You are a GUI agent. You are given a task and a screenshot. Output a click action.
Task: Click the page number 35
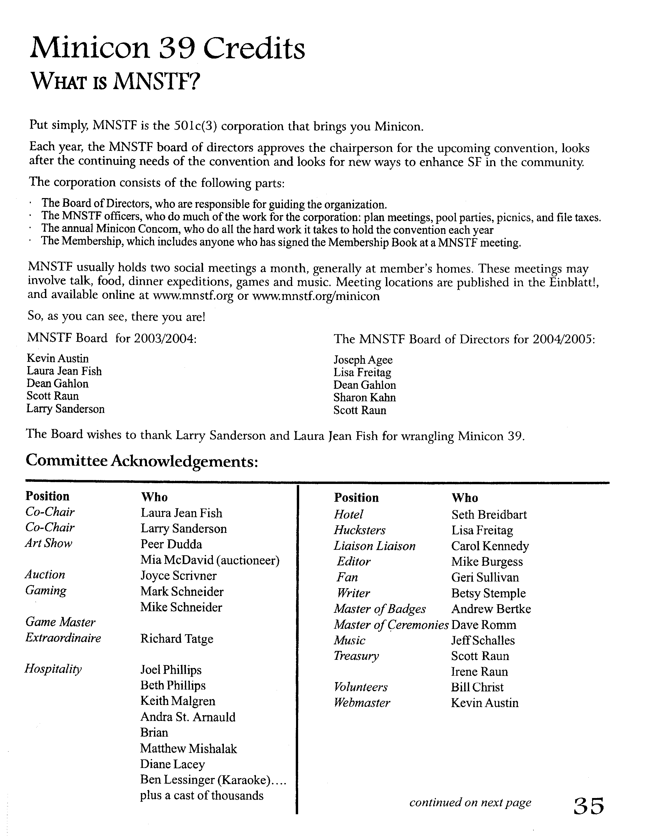(x=588, y=806)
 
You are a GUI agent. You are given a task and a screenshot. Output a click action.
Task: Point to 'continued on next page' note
(x=470, y=802)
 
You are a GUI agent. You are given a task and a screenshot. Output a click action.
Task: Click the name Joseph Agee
(x=363, y=360)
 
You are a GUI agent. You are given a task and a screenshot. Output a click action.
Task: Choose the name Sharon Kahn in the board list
(x=364, y=397)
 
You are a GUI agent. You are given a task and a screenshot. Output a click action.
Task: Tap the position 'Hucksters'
(x=359, y=530)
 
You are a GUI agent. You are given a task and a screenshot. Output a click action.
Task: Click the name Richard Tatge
(x=177, y=639)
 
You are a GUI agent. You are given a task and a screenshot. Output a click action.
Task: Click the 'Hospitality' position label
(x=53, y=669)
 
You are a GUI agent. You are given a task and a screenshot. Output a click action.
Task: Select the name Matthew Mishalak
(x=189, y=749)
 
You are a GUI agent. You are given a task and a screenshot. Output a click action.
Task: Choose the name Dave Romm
(x=484, y=625)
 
